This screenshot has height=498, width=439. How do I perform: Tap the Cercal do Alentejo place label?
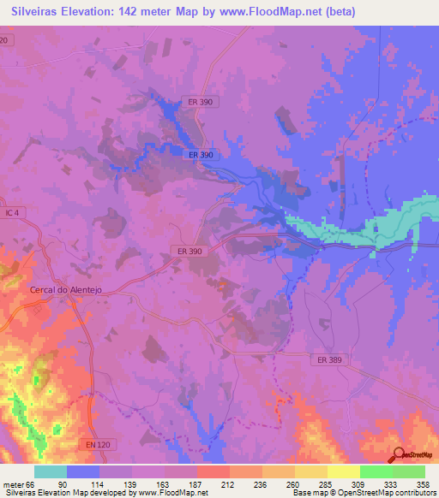pos(66,290)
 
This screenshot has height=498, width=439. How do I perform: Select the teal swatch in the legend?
pos(51,472)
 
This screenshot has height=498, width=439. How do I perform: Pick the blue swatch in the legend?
pos(83,472)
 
